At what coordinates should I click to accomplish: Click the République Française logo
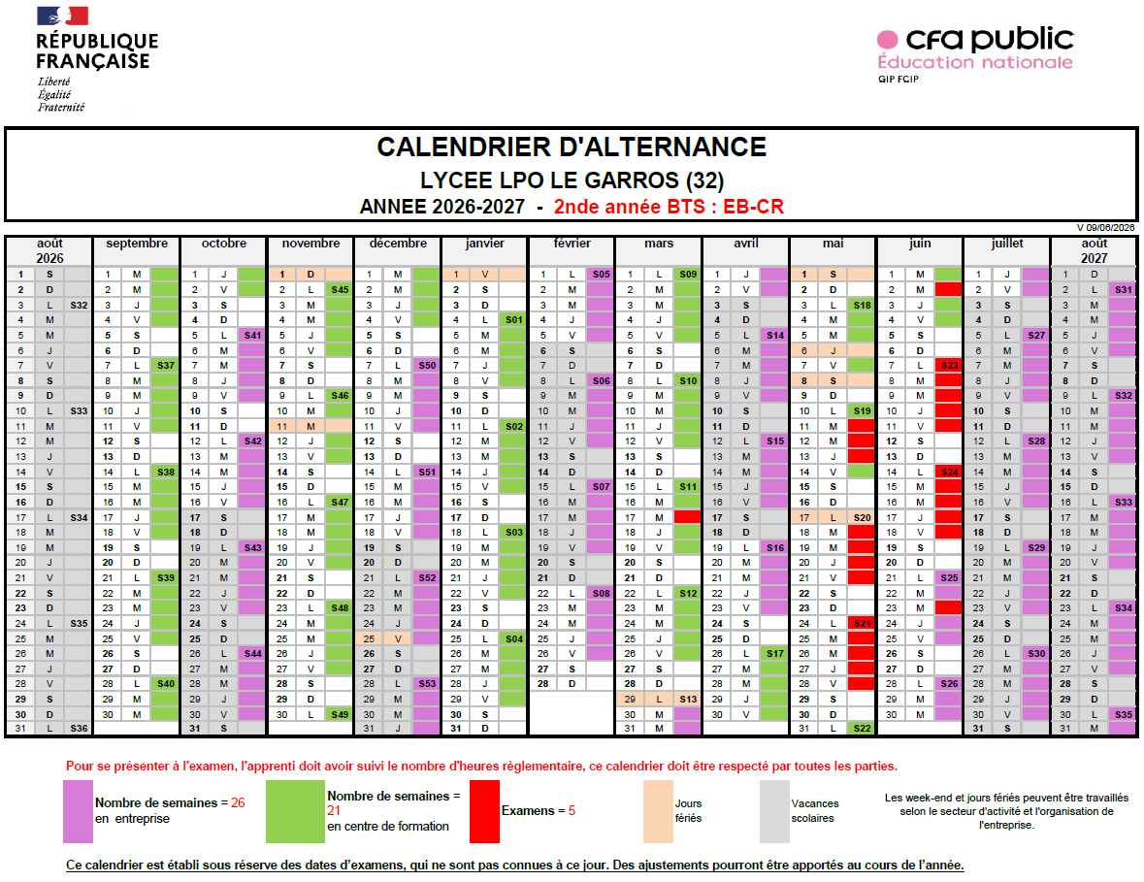tap(97, 59)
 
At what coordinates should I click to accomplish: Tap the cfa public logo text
tap(990, 39)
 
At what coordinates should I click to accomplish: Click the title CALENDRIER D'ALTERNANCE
tap(572, 147)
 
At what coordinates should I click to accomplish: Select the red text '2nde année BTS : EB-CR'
tap(669, 207)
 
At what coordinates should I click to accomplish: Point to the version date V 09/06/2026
tap(1105, 228)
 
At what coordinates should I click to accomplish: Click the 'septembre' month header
tap(137, 243)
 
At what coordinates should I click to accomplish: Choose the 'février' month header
tap(572, 243)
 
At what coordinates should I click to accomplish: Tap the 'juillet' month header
tap(1007, 243)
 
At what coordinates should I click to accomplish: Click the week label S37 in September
tap(166, 366)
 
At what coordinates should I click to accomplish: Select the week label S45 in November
tap(340, 289)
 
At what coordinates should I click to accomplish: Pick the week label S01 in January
tap(513, 319)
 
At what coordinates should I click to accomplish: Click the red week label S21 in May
tap(862, 624)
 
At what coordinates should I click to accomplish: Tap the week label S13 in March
tap(688, 699)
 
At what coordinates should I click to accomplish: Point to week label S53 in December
tap(427, 683)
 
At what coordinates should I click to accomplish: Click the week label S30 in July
tap(1036, 654)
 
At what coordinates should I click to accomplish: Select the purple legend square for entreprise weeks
tap(78, 811)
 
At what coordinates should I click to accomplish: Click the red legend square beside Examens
tap(484, 811)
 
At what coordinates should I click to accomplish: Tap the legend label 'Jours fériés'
tap(688, 810)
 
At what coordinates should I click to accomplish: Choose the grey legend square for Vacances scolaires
tap(774, 811)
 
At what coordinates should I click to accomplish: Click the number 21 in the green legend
tap(334, 810)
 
